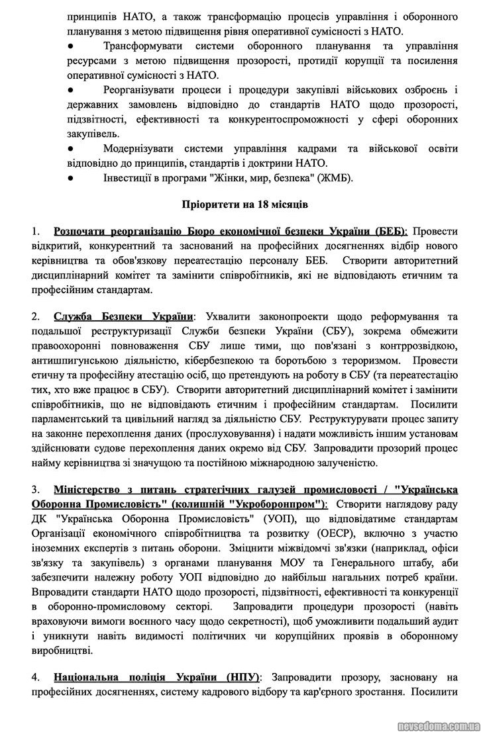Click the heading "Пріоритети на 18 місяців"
240,204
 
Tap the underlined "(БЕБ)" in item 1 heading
390,232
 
